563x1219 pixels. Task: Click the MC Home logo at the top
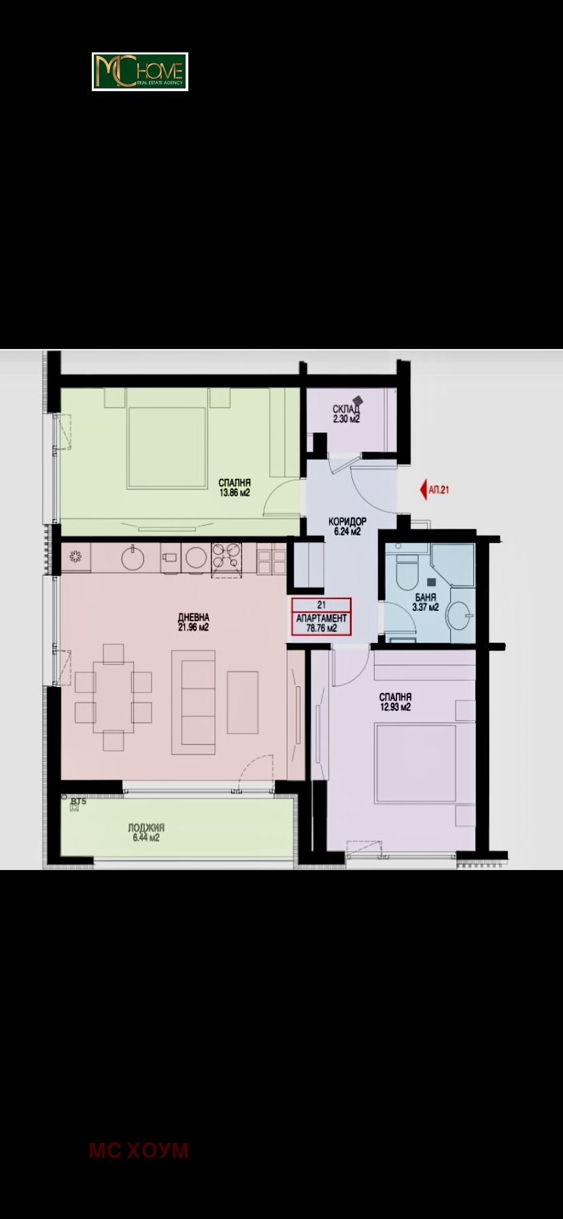[x=140, y=71]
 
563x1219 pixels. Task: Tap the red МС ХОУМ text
[x=139, y=1150]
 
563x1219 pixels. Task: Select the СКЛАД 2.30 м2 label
[x=346, y=414]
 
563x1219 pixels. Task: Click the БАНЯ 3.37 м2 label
[x=426, y=603]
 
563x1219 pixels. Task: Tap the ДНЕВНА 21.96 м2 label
[x=194, y=622]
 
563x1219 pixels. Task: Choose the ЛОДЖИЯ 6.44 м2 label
[x=146, y=833]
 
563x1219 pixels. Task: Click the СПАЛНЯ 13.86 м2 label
[x=235, y=487]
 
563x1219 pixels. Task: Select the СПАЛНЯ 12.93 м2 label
[x=396, y=702]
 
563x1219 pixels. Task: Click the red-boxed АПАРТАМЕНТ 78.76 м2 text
[x=322, y=623]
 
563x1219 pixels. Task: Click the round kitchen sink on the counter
[x=133, y=558]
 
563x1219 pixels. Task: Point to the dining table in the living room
[x=113, y=697]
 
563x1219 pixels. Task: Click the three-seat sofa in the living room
[x=194, y=702]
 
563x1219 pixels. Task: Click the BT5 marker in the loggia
[x=78, y=803]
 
